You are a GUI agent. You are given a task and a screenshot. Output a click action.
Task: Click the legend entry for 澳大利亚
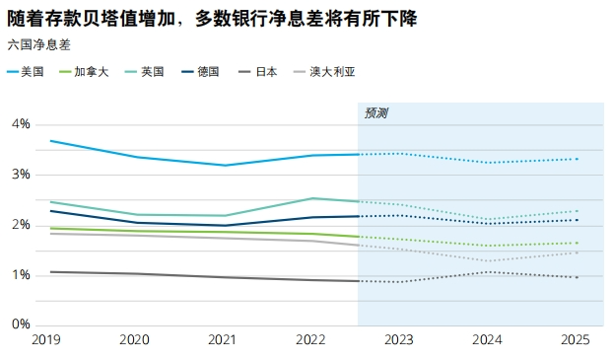(x=329, y=72)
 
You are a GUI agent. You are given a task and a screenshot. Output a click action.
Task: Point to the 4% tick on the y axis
(x=21, y=124)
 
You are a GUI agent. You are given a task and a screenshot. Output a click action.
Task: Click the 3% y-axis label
(x=21, y=175)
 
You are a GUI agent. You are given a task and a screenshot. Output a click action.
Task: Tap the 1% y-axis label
(x=21, y=275)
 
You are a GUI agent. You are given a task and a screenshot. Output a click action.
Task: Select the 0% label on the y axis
(x=21, y=324)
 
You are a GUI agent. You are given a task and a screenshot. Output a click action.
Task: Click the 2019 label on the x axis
(x=46, y=340)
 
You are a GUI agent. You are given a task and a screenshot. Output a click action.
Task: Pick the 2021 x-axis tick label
(x=224, y=340)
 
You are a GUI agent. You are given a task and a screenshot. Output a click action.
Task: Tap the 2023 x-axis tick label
(x=399, y=340)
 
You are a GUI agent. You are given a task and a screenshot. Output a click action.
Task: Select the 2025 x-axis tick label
(x=575, y=340)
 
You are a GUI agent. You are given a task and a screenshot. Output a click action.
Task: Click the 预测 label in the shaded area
(x=375, y=113)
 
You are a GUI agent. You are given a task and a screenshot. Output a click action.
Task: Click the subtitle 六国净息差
(x=39, y=45)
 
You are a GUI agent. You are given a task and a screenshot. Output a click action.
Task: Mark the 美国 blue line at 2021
(x=225, y=165)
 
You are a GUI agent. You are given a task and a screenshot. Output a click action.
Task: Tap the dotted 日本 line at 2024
(x=487, y=271)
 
